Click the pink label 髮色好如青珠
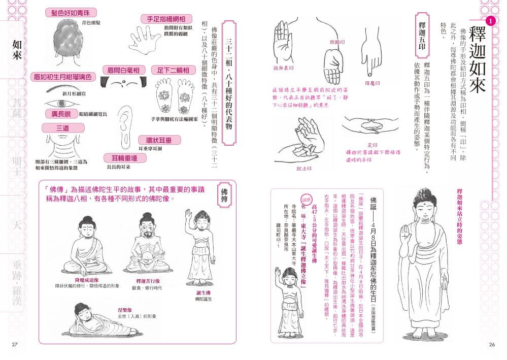coord(71,12)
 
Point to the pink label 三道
coord(56,129)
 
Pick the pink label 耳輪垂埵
coord(125,158)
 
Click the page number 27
coord(15,345)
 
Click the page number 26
coord(491,345)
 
